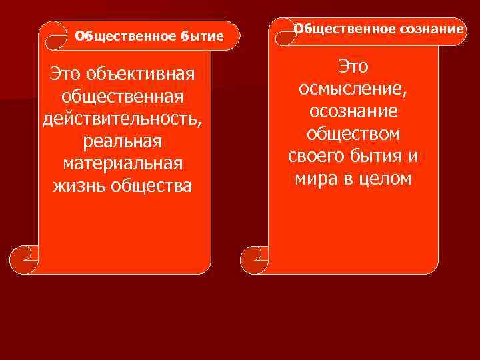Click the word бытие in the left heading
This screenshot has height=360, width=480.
tap(202, 35)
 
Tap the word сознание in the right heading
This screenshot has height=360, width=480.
tap(432, 29)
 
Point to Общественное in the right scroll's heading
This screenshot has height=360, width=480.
tap(345, 29)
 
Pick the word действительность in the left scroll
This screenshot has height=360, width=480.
tap(121, 118)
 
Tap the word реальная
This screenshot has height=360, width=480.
tap(123, 141)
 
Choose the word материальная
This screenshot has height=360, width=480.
tap(123, 163)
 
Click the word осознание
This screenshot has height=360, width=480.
tap(353, 111)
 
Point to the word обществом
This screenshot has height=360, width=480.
tap(353, 134)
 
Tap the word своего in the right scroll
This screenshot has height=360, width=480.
tap(316, 157)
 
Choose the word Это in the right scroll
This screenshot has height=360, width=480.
tap(353, 66)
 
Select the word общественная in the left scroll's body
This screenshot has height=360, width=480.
tap(123, 95)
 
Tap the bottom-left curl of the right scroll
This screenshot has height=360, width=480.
tap(254, 256)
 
